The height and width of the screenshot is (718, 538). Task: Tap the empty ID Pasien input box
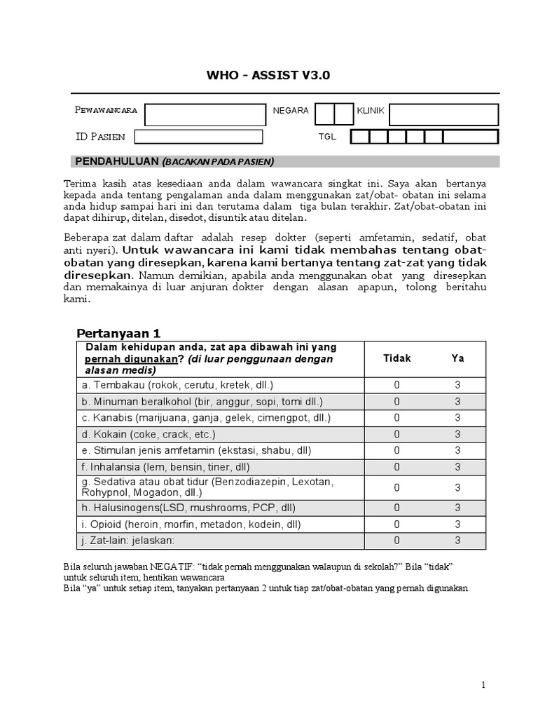pos(198,137)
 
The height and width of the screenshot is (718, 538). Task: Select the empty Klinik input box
pos(443,114)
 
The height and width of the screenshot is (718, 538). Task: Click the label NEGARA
pos(291,111)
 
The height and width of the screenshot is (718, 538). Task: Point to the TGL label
pos(327,137)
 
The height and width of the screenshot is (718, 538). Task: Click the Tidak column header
pos(397,358)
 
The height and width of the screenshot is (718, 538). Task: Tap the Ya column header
pos(457,358)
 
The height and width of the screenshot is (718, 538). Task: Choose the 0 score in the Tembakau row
pos(396,385)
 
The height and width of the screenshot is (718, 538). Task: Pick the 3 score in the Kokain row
pos(457,434)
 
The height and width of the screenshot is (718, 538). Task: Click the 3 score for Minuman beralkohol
pos(457,402)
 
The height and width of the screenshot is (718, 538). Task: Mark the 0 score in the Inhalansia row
pos(396,467)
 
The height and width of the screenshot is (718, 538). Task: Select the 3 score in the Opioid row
pos(457,524)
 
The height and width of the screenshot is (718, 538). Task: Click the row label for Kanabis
pos(206,417)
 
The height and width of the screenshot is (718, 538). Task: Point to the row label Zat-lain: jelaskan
pos(127,541)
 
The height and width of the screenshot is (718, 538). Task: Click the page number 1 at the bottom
pos(483,685)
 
